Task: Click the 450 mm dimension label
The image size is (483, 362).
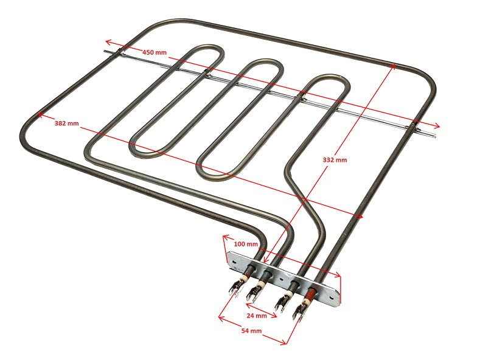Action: pyautogui.click(x=155, y=52)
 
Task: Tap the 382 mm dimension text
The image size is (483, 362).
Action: pyautogui.click(x=66, y=124)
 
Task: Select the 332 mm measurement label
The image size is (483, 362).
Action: pyautogui.click(x=335, y=160)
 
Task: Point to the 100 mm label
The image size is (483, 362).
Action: pyautogui.click(x=246, y=244)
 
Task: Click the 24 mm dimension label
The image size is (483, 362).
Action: pyautogui.click(x=257, y=316)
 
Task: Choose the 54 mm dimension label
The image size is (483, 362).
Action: pyautogui.click(x=251, y=331)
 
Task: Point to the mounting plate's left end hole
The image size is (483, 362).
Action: pyautogui.click(x=235, y=262)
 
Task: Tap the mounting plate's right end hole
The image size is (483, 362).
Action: pyautogui.click(x=331, y=298)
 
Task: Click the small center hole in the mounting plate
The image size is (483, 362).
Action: pyautogui.click(x=281, y=280)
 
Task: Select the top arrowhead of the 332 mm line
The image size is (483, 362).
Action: pyautogui.click(x=393, y=66)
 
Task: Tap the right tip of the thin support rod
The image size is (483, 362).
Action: pyautogui.click(x=434, y=135)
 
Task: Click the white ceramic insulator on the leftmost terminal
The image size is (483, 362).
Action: pyautogui.click(x=243, y=278)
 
